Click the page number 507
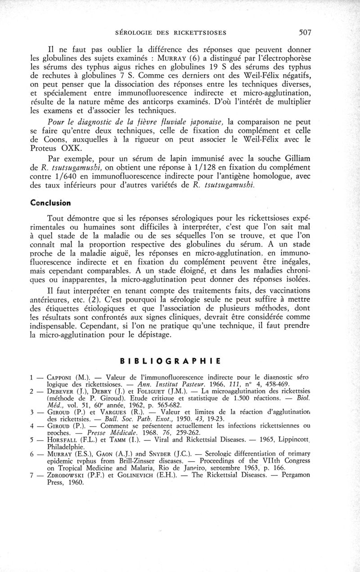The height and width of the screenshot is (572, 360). point(304,32)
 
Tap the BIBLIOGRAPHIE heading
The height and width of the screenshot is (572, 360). point(170,361)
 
